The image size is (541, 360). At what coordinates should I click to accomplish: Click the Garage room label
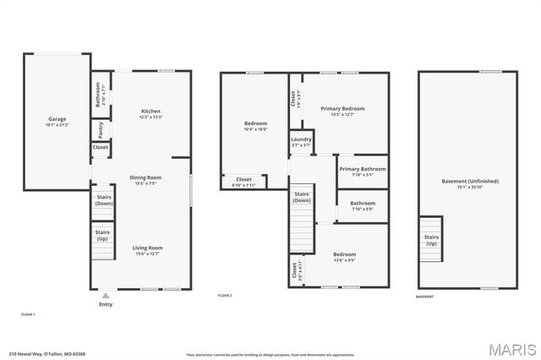pyautogui.click(x=57, y=119)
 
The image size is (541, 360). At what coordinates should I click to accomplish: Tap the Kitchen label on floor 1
pyautogui.click(x=151, y=112)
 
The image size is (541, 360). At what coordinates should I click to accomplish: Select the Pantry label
pyautogui.click(x=101, y=129)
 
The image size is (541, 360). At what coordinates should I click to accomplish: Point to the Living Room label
pyautogui.click(x=147, y=248)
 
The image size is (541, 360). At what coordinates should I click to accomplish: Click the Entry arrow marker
pyautogui.click(x=106, y=296)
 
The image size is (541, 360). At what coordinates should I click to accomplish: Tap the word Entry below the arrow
pyautogui.click(x=106, y=305)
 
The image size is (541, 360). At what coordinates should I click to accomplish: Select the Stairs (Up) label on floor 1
pyautogui.click(x=102, y=233)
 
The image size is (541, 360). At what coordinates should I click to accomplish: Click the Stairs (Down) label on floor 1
pyautogui.click(x=104, y=201)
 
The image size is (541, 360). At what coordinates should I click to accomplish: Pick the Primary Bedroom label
pyautogui.click(x=342, y=109)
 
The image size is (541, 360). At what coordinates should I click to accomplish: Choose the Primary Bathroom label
pyautogui.click(x=363, y=169)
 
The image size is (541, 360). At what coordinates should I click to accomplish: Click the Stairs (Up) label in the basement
pyautogui.click(x=431, y=239)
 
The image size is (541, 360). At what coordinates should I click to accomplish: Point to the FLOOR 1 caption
pyautogui.click(x=28, y=314)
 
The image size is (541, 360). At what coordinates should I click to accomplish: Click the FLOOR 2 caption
pyautogui.click(x=225, y=296)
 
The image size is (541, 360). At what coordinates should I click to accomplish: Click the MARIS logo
pyautogui.click(x=512, y=348)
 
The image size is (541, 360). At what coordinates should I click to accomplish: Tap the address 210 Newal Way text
pyautogui.click(x=47, y=354)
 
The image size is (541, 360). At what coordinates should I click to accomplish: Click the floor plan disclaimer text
pyautogui.click(x=270, y=354)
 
